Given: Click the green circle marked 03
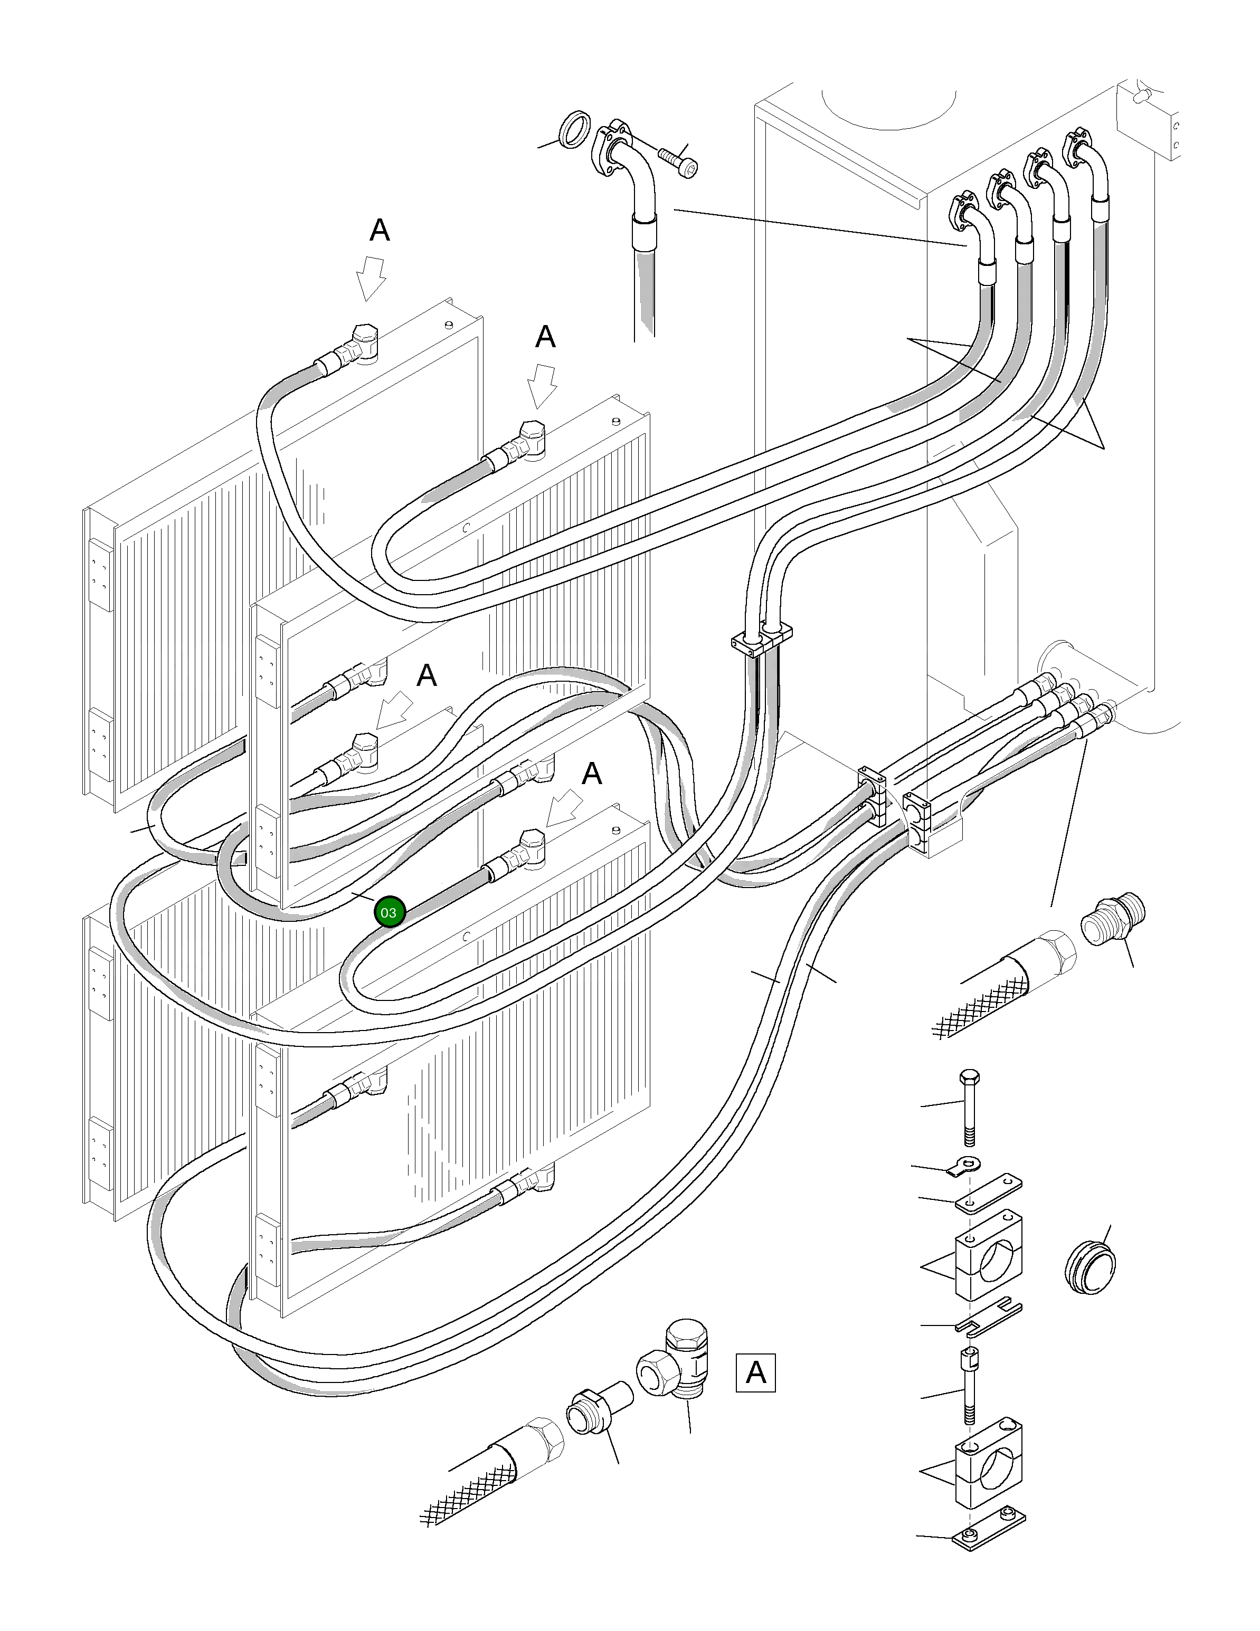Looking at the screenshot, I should point(389,912).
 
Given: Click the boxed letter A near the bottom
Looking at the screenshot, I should point(755,1372).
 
